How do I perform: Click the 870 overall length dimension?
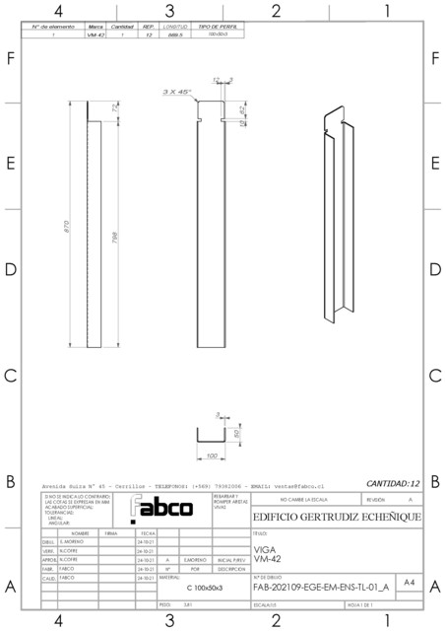tap(65, 226)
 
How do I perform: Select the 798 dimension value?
tap(116, 243)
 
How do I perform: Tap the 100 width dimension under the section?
tap(212, 456)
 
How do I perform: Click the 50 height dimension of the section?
tap(237, 433)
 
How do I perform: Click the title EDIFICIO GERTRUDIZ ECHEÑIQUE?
tap(337, 518)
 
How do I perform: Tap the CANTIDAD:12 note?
tap(393, 484)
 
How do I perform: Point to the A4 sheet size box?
tap(409, 584)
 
